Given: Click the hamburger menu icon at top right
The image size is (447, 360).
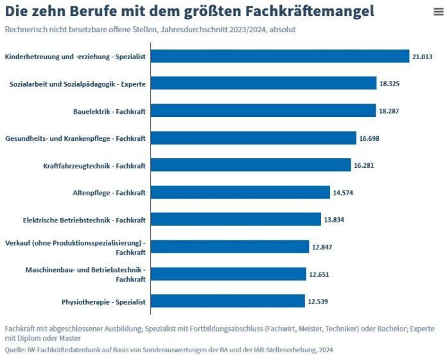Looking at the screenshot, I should pos(437,12).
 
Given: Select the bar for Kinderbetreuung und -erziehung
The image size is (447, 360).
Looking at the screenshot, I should pos(279,57).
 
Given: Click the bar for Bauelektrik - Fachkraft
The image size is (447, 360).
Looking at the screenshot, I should pos(263,111).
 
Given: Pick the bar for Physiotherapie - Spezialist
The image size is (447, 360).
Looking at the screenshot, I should pos(227,301).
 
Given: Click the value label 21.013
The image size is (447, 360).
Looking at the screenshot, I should pos(422,57).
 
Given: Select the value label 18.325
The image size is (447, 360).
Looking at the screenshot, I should pos(389,84).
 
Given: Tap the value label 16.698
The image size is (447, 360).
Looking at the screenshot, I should pos(369,138).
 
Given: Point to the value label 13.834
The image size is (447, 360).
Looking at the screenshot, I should pos(334,220).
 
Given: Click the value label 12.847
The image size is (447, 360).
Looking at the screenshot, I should pos(322,247).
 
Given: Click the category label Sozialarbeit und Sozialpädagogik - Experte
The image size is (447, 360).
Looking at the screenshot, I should pos(77,84).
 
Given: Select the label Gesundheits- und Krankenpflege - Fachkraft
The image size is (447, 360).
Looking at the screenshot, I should pos(75,138).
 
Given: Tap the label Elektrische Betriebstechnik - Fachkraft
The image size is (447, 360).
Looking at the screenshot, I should pos(84,220).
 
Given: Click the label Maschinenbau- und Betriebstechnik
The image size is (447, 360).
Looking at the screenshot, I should pos(85,269).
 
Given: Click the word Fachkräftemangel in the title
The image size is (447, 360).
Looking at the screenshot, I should pos(302,12).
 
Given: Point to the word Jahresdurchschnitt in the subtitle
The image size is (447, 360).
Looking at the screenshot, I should pos(205,30).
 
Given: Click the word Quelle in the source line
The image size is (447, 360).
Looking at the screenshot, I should pos(15,350).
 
